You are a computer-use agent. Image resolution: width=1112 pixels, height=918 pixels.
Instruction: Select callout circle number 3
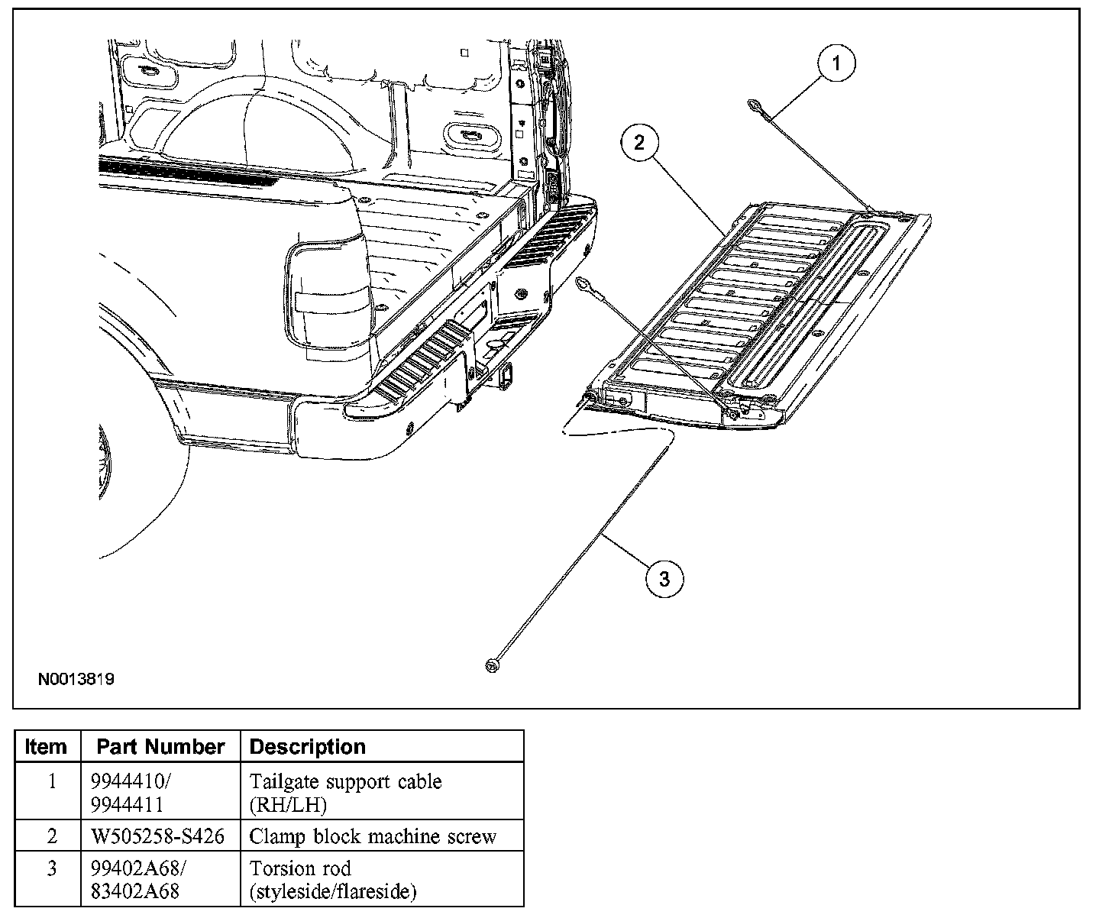664,579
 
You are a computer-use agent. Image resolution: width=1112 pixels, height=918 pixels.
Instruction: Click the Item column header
46,746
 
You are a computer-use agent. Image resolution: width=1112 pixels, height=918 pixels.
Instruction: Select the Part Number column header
160,746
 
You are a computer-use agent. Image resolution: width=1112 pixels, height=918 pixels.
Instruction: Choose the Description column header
308,746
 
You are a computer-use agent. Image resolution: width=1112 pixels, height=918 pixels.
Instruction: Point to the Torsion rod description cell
333,879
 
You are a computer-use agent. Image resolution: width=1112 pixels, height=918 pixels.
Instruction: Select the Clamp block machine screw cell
373,836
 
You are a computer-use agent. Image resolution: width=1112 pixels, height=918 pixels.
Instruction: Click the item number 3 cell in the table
52,869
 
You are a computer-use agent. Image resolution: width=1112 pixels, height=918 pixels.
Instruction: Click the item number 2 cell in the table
52,836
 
